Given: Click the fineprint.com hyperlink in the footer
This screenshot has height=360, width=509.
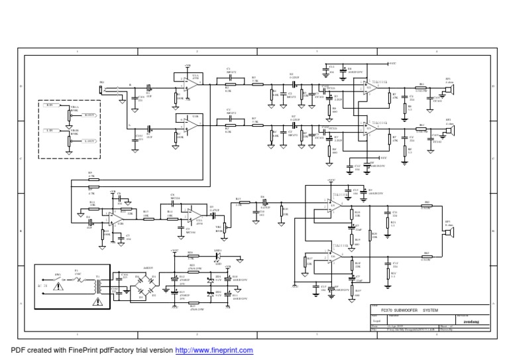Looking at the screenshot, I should click(x=214, y=349).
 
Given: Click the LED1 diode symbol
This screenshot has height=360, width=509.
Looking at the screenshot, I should click(x=217, y=254).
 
